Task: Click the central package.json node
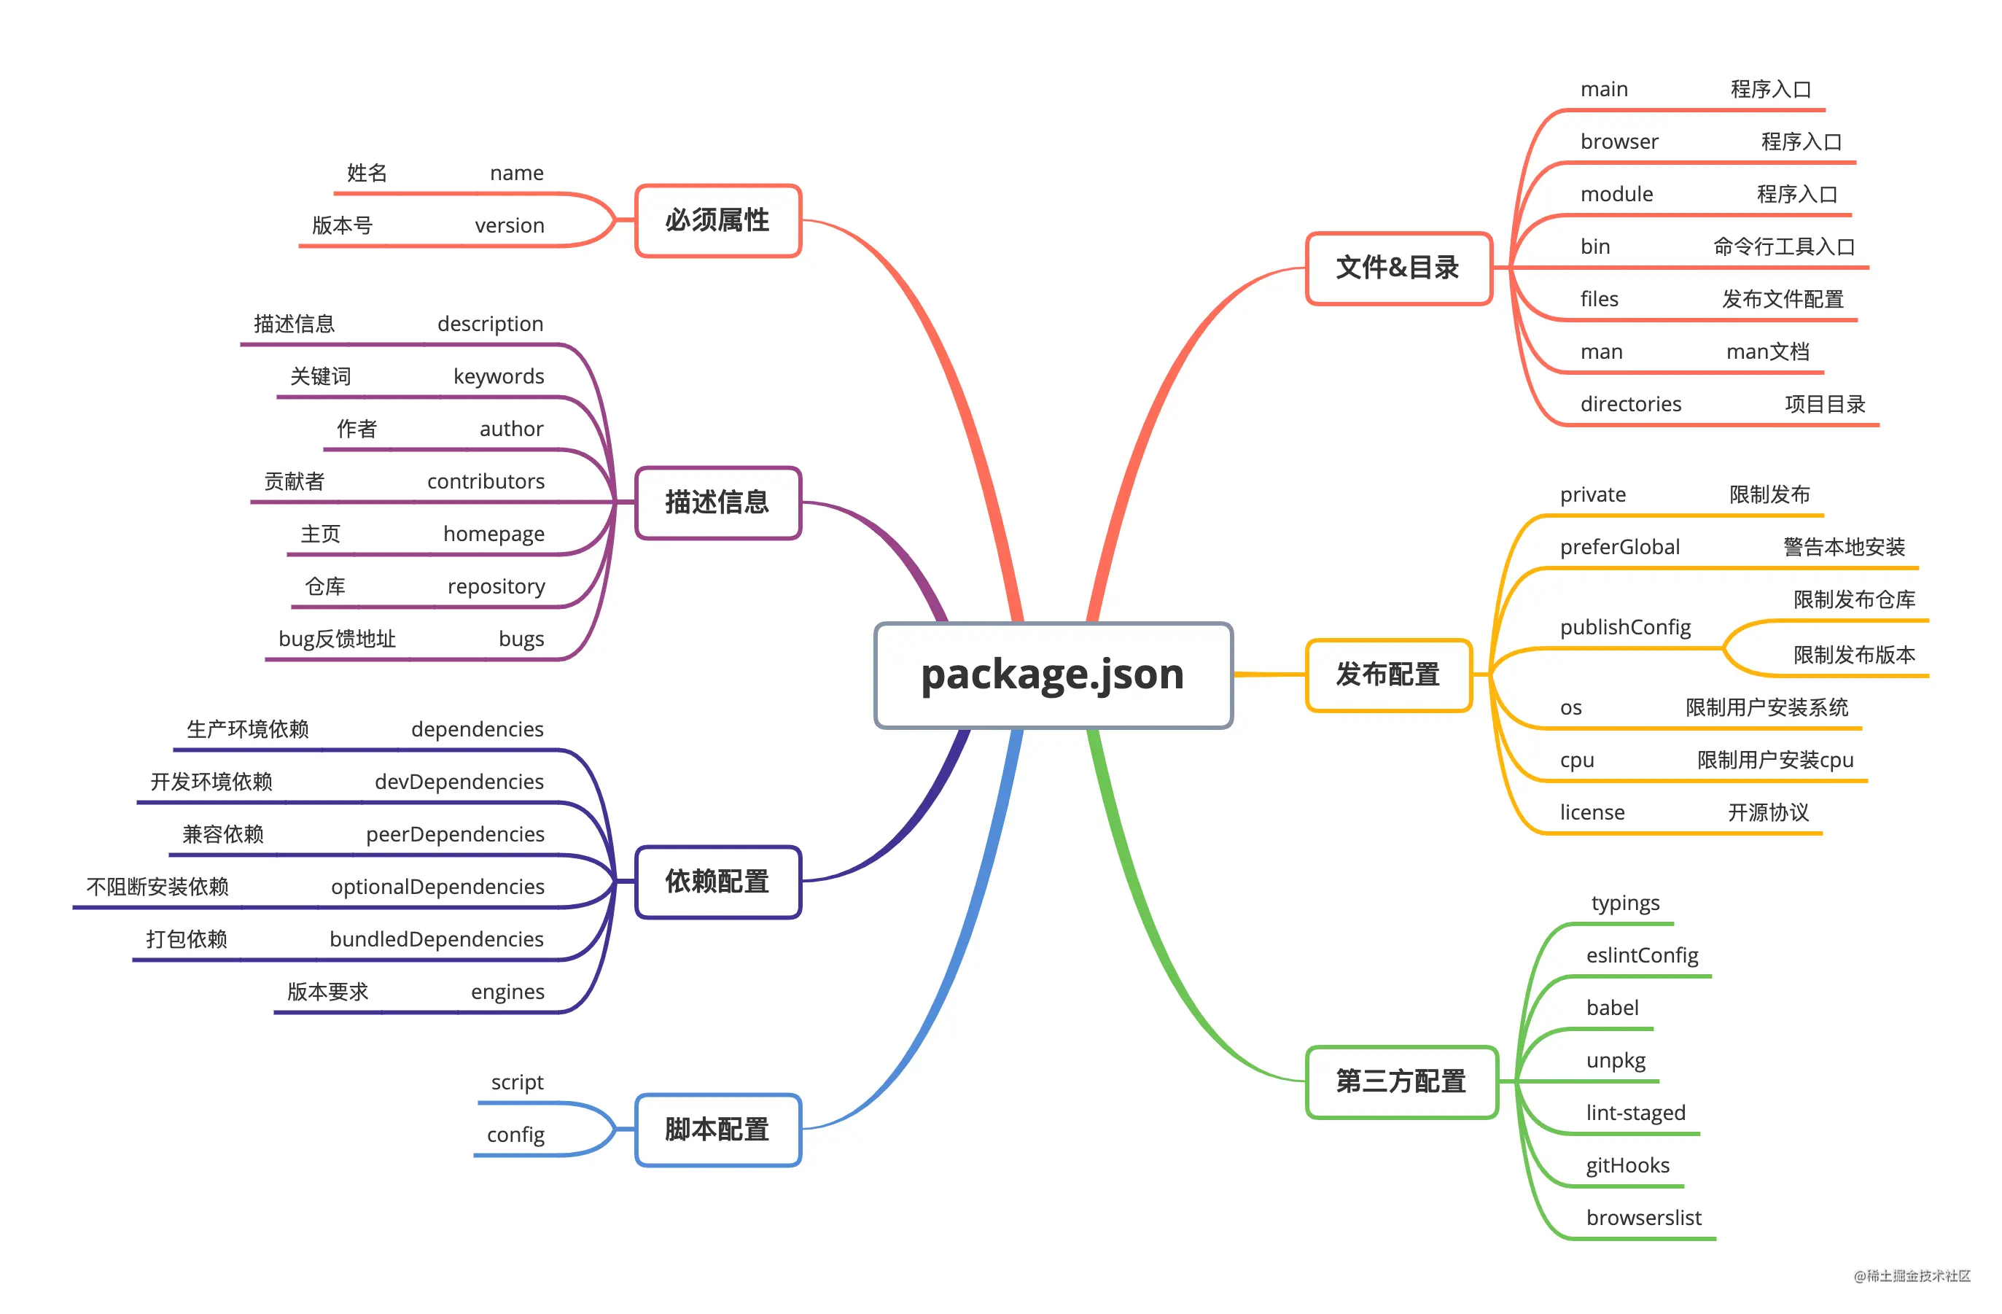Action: tap(1053, 675)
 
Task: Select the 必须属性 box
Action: tap(717, 220)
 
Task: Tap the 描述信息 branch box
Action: tap(717, 502)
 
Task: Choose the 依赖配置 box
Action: tap(717, 882)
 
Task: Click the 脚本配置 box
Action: tap(717, 1129)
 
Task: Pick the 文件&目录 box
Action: tap(1398, 268)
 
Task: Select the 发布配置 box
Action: tap(1388, 675)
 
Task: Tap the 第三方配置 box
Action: tap(1401, 1081)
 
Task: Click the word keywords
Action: tap(499, 376)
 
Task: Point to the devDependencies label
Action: tap(459, 782)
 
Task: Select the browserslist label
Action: tap(1643, 1217)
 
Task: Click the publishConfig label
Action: tap(1625, 628)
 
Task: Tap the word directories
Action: tap(1630, 404)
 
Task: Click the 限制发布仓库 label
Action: tap(1854, 600)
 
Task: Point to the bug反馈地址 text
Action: tap(337, 639)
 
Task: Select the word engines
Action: tap(507, 992)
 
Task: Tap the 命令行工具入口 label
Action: tap(1784, 246)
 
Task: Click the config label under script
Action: tap(515, 1135)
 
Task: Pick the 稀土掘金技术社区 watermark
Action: tap(1912, 1276)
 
